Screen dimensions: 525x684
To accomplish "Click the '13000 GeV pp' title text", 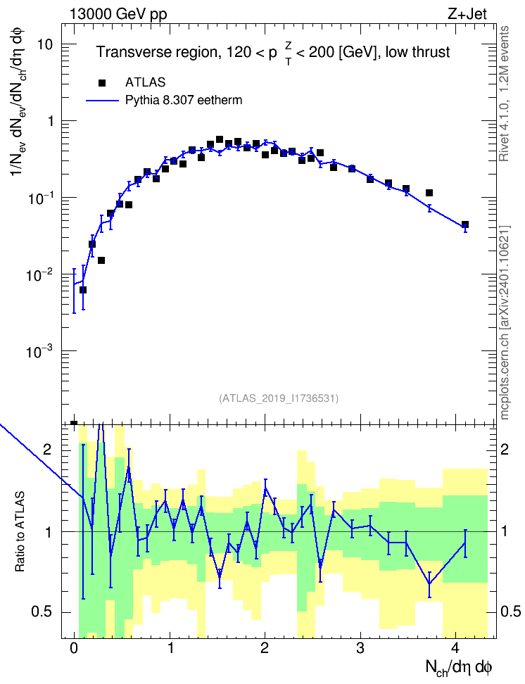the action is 118,14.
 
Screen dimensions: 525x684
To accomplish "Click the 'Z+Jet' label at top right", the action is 467,14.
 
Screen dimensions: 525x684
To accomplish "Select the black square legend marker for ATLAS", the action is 101,82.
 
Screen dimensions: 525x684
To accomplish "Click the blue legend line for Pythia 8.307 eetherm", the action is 102,101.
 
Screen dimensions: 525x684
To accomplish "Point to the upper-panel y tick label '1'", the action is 50,121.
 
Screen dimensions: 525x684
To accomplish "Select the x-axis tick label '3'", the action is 360,648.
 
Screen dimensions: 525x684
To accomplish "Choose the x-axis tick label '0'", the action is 74,648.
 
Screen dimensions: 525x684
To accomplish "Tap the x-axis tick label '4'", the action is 455,648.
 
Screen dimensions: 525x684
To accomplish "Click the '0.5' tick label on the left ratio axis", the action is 42,612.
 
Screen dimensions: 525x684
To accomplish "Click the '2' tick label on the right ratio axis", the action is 505,449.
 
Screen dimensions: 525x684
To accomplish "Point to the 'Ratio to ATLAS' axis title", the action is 20,532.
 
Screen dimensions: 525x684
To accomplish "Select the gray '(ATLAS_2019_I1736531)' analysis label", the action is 279,398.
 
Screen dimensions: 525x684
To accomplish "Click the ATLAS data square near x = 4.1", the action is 465,224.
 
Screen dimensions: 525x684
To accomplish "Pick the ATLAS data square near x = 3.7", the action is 429,193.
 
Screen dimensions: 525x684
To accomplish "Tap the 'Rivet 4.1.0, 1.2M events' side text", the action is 504,94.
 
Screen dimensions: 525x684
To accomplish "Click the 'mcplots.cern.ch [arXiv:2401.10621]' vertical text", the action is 505,323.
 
